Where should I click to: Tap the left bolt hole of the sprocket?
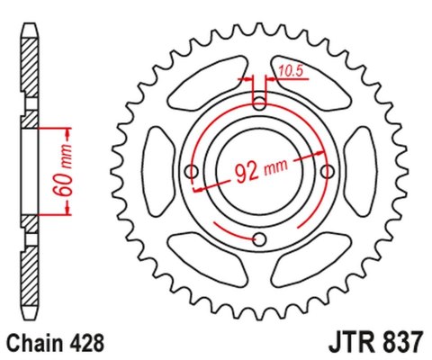[191, 170]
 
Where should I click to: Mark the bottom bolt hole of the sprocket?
[259, 238]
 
